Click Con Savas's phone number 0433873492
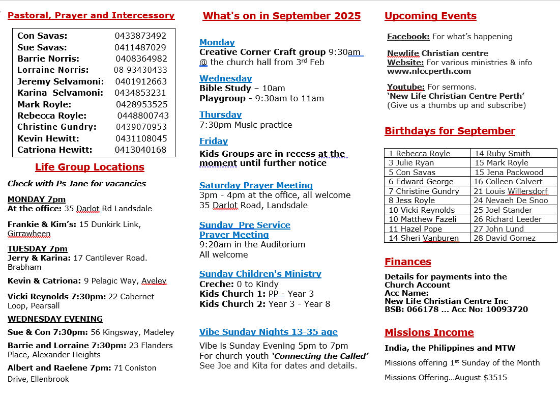(x=140, y=36)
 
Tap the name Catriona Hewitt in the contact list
(x=55, y=150)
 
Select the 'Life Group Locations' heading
(x=90, y=167)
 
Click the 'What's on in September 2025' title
(x=281, y=16)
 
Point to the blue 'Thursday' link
(x=220, y=115)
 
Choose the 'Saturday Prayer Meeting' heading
(x=256, y=185)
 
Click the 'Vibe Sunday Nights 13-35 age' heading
(x=268, y=332)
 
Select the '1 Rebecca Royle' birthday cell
(x=419, y=153)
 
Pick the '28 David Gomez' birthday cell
(x=505, y=238)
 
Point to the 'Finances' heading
(x=407, y=262)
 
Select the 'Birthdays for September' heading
(x=450, y=131)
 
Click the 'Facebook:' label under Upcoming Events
(x=408, y=36)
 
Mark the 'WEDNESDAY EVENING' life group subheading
(x=55, y=319)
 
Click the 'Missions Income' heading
(x=429, y=332)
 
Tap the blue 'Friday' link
(x=213, y=141)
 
